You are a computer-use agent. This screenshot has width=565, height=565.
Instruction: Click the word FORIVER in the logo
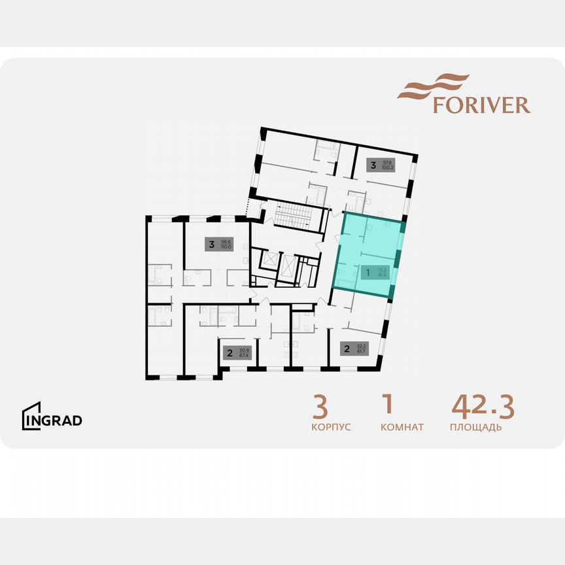(481, 105)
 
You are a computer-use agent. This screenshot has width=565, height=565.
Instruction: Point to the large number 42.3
(483, 407)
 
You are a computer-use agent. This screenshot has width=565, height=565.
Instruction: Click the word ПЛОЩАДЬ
(475, 428)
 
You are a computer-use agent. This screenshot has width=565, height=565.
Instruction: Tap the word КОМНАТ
(402, 428)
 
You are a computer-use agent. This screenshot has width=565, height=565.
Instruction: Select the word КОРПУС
(331, 428)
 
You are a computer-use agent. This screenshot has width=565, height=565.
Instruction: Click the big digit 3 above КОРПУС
(320, 407)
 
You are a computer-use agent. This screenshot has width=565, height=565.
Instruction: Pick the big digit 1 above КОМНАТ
(387, 405)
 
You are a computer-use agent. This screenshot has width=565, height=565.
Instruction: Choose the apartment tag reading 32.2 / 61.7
(354, 348)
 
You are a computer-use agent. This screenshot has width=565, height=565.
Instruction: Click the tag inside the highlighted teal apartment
(375, 271)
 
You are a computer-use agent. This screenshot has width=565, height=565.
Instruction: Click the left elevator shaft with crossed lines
(269, 260)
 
